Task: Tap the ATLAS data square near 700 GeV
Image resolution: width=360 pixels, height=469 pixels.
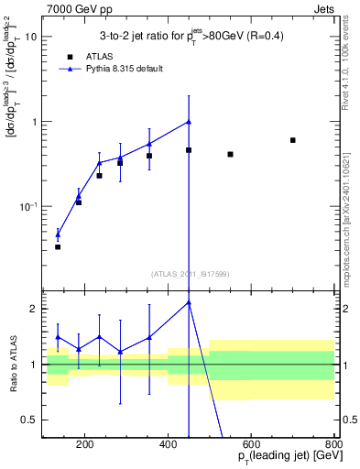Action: pyautogui.click(x=292, y=140)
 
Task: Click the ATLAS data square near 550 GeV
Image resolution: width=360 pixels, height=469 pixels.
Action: pyautogui.click(x=230, y=154)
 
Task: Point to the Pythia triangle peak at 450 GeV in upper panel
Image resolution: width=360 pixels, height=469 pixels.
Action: pyautogui.click(x=189, y=122)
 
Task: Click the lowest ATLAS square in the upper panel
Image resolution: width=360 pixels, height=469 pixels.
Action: pyautogui.click(x=58, y=246)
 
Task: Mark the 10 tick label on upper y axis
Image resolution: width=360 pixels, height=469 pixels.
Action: pyautogui.click(x=31, y=38)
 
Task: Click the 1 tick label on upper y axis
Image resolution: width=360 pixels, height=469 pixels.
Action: pyautogui.click(x=34, y=122)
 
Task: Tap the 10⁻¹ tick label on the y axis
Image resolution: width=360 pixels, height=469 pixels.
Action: pyautogui.click(x=28, y=206)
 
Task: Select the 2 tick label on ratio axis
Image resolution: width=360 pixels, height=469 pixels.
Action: pyautogui.click(x=34, y=310)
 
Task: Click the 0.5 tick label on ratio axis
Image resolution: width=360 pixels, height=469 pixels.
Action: pyautogui.click(x=29, y=420)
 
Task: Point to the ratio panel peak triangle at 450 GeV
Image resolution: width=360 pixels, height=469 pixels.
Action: pyautogui.click(x=189, y=302)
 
